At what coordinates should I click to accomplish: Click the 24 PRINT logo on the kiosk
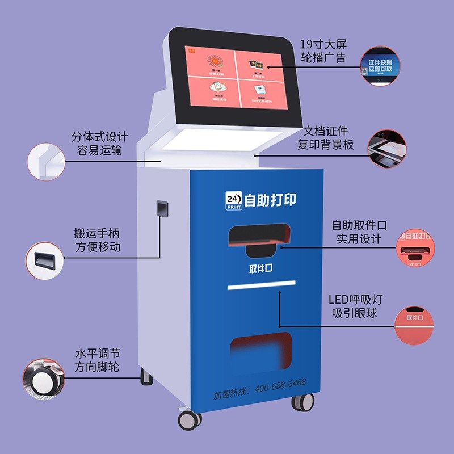(x=234, y=200)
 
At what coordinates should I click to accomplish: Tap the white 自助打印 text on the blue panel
(x=270, y=200)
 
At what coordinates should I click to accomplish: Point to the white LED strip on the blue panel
(x=262, y=285)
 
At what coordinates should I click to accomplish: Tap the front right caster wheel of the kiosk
(x=303, y=401)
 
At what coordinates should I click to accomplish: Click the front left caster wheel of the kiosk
(x=190, y=419)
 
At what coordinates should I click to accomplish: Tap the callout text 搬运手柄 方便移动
(x=97, y=240)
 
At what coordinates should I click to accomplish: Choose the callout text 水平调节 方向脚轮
(x=97, y=360)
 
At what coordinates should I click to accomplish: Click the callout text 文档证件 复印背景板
(x=326, y=138)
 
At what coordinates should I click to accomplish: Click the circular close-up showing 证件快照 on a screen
(x=379, y=66)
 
